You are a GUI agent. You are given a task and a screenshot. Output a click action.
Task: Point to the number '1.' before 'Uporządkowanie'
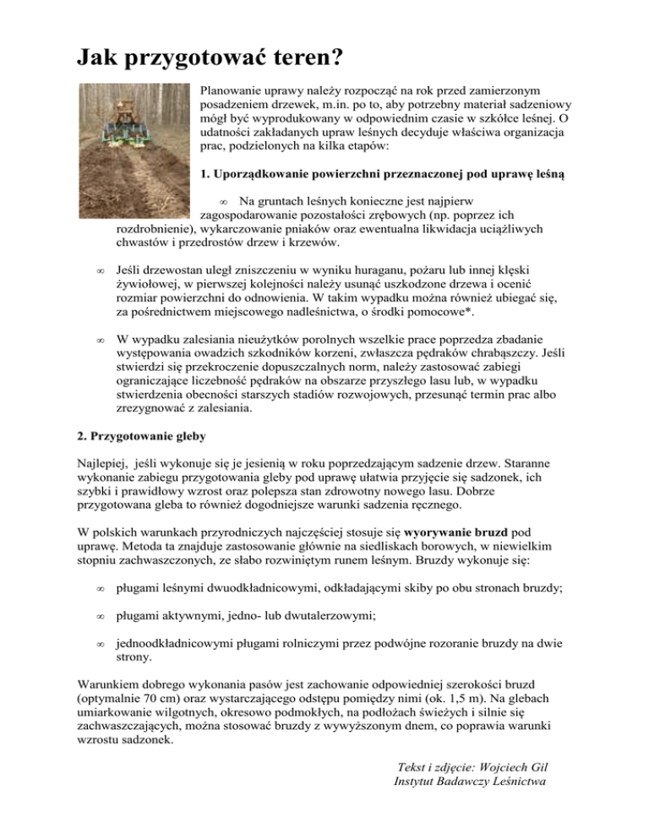pyautogui.click(x=207, y=177)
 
